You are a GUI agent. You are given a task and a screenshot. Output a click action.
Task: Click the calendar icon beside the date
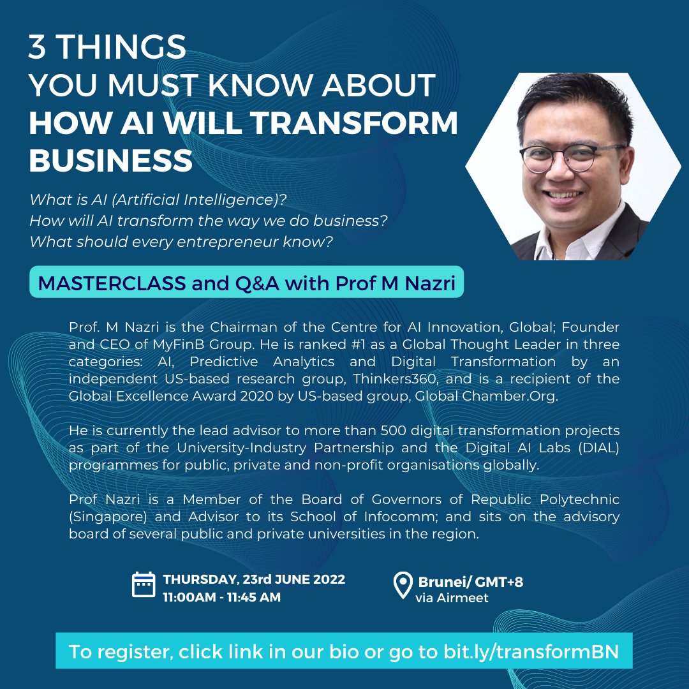(144, 585)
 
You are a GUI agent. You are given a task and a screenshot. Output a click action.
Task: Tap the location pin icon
(403, 586)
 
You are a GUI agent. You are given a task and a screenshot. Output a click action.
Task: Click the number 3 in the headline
(37, 47)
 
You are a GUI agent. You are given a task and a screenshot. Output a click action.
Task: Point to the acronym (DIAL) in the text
(595, 448)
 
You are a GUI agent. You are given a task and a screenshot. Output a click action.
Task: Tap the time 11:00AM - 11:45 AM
(221, 598)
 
